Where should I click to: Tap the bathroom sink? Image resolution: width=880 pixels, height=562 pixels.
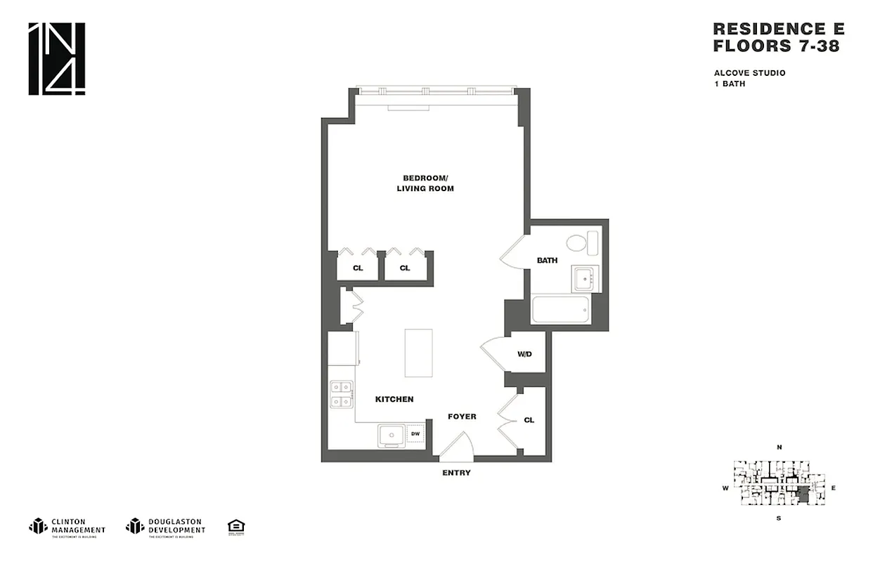click(x=584, y=279)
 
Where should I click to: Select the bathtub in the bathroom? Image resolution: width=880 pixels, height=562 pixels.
click(x=560, y=309)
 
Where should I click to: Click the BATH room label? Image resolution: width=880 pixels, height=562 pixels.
click(x=547, y=261)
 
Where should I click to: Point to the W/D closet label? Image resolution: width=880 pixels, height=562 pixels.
click(x=525, y=355)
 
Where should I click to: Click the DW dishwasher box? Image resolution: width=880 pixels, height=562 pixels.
click(x=415, y=434)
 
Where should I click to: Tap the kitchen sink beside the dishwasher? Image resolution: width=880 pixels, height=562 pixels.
click(x=390, y=436)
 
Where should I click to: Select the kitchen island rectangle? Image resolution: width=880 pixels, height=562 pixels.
click(x=418, y=353)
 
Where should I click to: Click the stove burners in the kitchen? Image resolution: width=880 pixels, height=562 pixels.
click(x=341, y=394)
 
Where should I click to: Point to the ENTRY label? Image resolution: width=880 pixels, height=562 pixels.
click(x=456, y=473)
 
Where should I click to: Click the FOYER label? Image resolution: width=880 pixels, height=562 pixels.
click(x=462, y=417)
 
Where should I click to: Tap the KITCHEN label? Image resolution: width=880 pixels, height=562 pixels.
click(x=394, y=399)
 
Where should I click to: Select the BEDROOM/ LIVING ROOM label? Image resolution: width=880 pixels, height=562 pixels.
click(x=425, y=183)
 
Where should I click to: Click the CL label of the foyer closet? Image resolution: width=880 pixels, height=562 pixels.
click(x=529, y=420)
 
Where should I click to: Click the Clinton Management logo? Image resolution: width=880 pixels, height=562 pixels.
click(x=67, y=526)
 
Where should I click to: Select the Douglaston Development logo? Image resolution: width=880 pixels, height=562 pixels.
click(x=166, y=526)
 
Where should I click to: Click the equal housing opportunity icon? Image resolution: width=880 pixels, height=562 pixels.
click(x=236, y=526)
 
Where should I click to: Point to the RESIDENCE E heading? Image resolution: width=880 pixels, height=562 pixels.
click(x=778, y=29)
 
